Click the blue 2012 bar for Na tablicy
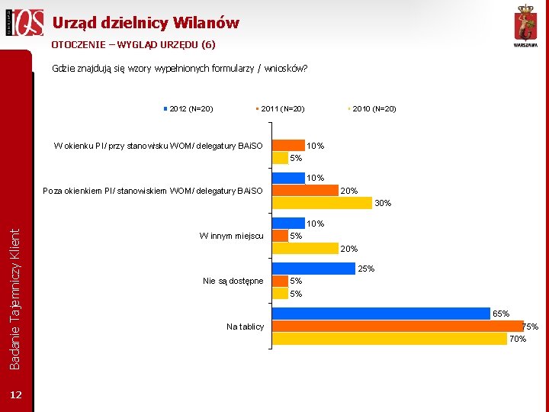[381, 314]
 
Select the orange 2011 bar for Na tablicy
[398, 327]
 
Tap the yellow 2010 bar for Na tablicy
[390, 339]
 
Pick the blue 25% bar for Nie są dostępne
[313, 269]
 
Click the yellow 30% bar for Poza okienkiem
[322, 203]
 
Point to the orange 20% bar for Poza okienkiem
[305, 190]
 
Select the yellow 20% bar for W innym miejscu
[305, 249]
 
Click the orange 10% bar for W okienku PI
[288, 145]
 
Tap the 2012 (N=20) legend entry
[188, 109]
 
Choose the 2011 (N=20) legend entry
[280, 109]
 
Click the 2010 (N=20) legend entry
[372, 109]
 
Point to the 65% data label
[501, 314]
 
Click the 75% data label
[531, 327]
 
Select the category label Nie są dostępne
[233, 281]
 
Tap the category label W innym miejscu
[232, 236]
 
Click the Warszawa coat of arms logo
[525, 26]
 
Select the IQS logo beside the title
[24, 22]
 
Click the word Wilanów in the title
[206, 23]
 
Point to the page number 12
[16, 395]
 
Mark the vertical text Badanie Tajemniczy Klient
[14, 299]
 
